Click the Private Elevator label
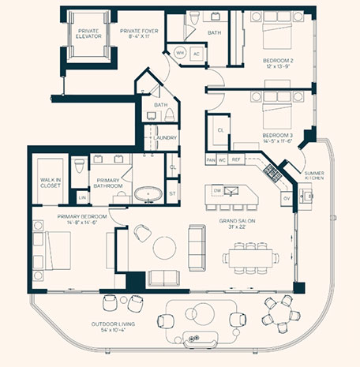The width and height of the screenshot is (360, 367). pos(88,34)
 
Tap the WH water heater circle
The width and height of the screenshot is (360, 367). pos(180,53)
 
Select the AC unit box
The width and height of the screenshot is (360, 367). pos(197,54)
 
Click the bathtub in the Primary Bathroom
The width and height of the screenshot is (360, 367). pos(148,194)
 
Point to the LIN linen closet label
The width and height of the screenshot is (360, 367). pos(82,197)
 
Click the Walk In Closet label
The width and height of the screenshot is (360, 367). pos(51,183)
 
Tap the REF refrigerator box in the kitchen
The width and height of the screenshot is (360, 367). pos(236,159)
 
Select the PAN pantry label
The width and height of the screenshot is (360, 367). pos(211,160)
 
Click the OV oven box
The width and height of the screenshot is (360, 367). pos(287,199)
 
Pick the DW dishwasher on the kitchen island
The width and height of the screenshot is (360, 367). pos(217,191)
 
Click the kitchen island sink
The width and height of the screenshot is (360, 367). pos(231,191)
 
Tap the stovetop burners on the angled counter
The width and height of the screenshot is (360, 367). pos(272,173)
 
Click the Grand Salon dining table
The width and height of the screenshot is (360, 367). pos(250,258)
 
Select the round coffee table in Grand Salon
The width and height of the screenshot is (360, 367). pos(164,248)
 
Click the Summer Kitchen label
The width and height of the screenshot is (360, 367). pos(314,175)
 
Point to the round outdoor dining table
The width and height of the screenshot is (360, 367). pos(281,313)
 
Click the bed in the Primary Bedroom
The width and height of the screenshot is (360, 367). pos(58,250)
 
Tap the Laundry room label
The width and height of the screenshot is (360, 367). pos(165,137)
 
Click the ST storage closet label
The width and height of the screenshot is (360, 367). pos(172,194)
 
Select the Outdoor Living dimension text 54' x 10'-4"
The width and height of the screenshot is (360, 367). pos(113,330)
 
